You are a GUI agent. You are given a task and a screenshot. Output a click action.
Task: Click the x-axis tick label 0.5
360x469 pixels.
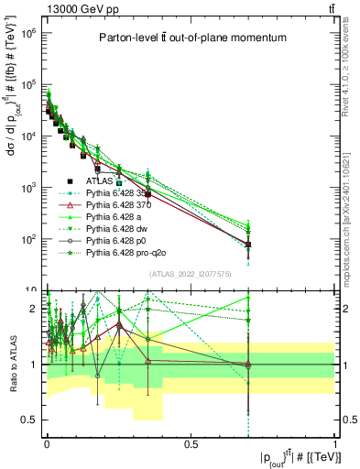click(x=191, y=442)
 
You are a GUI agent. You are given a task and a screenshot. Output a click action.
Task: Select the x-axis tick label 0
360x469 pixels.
click(x=47, y=442)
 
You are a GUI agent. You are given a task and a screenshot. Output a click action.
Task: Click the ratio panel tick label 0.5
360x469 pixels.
click(x=29, y=420)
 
